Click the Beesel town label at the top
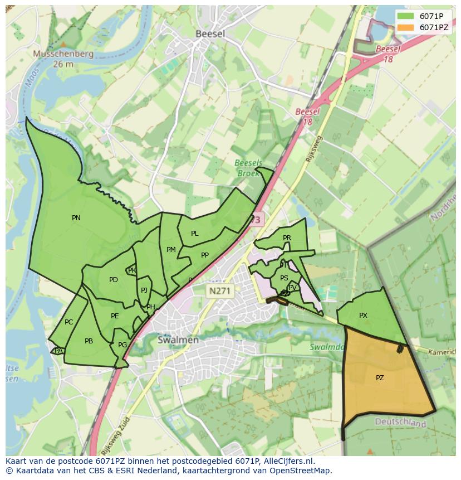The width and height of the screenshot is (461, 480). (x=210, y=33)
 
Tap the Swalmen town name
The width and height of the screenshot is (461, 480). (x=178, y=340)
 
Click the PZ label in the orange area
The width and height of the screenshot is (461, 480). (x=380, y=377)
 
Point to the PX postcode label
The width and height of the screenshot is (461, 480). (x=363, y=316)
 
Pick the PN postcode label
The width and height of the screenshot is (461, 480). (x=76, y=218)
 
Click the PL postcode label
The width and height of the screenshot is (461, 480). (x=194, y=234)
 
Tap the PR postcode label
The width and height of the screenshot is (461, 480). (x=287, y=238)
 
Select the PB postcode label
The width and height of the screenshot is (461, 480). (x=89, y=341)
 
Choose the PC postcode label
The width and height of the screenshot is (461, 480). (x=68, y=322)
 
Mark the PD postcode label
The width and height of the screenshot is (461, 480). (x=114, y=280)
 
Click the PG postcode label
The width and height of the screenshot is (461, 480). (x=122, y=345)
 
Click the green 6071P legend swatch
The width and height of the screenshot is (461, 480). (x=406, y=16)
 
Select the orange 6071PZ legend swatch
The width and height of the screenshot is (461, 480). (x=406, y=27)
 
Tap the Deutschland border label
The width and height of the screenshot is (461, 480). (x=400, y=423)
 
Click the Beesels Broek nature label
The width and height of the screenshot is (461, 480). (x=248, y=168)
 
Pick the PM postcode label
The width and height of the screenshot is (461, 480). (x=171, y=250)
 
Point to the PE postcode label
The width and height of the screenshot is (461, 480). (x=115, y=316)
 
